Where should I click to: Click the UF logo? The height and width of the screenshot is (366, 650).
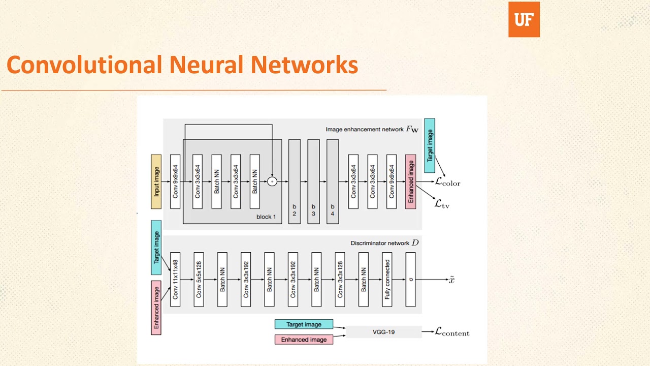click(524, 19)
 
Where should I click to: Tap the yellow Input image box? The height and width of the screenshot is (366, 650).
click(156, 181)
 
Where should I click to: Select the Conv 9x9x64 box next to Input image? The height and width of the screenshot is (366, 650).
click(175, 181)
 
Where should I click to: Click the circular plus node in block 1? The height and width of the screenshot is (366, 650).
click(272, 181)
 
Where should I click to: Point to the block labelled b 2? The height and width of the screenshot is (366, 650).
click(294, 181)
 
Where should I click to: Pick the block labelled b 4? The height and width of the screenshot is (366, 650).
click(332, 181)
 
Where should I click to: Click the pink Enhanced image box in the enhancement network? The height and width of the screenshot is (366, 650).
click(411, 181)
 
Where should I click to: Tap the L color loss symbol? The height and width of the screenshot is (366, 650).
click(447, 182)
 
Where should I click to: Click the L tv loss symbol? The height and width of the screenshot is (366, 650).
click(442, 204)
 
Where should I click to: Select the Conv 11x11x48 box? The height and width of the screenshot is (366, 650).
click(175, 279)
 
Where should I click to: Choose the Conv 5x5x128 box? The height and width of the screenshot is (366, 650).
click(199, 279)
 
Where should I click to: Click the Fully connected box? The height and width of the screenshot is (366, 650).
click(387, 279)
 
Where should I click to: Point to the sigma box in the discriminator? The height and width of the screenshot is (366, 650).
click(410, 279)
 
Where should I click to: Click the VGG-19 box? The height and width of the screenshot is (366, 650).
click(383, 332)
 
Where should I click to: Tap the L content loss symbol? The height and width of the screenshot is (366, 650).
click(452, 332)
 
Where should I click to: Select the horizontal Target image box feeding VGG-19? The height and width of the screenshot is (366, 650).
click(304, 324)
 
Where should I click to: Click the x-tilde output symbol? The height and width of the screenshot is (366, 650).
click(451, 280)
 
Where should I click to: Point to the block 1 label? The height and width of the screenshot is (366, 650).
click(266, 217)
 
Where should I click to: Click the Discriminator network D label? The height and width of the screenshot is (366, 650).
click(384, 243)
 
